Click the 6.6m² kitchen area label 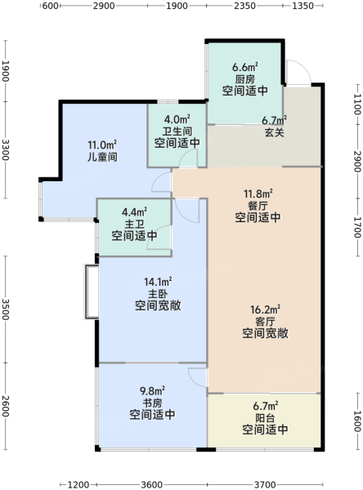[245, 67]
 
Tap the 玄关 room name [275, 132]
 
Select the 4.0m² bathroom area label [177, 119]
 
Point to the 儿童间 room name [102, 157]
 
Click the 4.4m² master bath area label [135, 212]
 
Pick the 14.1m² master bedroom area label [158, 282]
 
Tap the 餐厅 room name [258, 206]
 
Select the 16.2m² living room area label [265, 310]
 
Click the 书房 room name [152, 403]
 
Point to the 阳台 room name [265, 418]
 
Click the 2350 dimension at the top [244, 6]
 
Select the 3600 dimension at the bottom [152, 484]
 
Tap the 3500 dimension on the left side [6, 310]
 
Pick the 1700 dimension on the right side [357, 227]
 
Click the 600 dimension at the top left [51, 6]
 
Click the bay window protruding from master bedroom [92, 292]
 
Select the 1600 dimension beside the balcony [357, 421]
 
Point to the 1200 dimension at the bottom [78, 484]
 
